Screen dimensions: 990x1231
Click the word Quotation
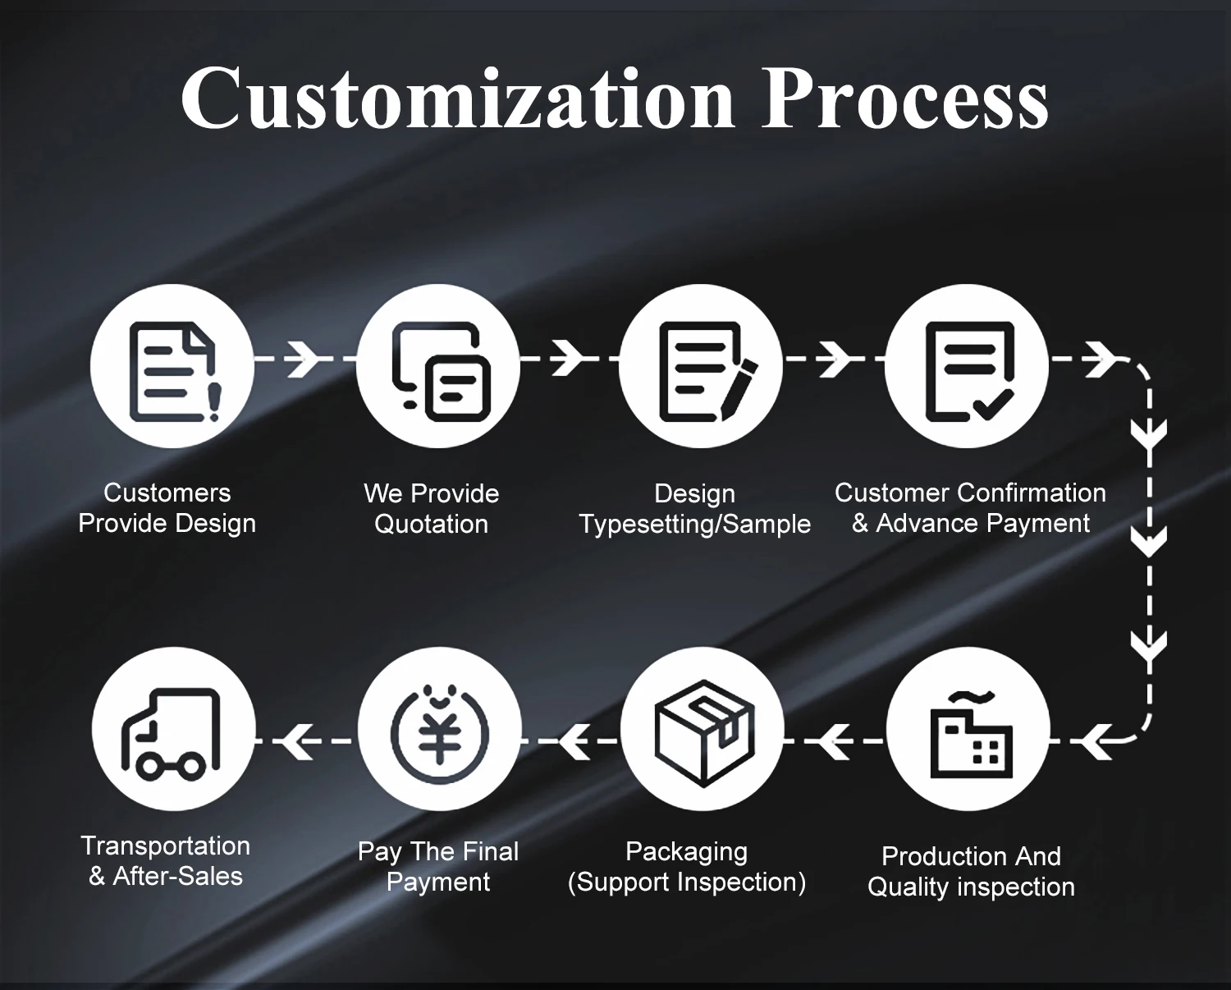(432, 524)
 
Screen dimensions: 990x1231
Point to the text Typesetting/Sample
(695, 524)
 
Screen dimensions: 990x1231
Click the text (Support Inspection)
(687, 882)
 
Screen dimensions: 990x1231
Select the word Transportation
(166, 846)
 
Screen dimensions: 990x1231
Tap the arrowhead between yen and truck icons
(295, 742)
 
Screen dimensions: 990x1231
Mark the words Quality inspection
(971, 887)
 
